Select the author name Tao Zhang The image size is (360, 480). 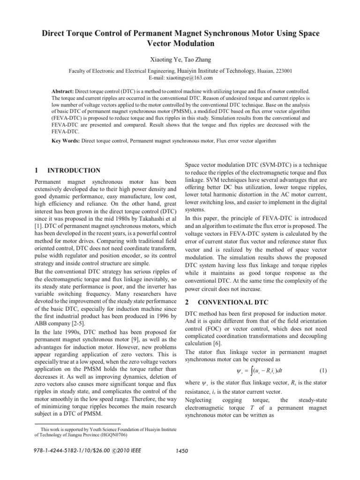tap(197, 60)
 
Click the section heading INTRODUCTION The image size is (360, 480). tap(74, 170)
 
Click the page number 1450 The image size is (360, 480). tap(180, 451)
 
